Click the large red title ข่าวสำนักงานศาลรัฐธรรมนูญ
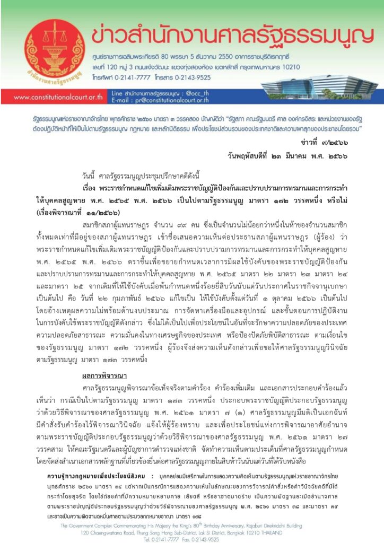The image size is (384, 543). [x=229, y=35]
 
